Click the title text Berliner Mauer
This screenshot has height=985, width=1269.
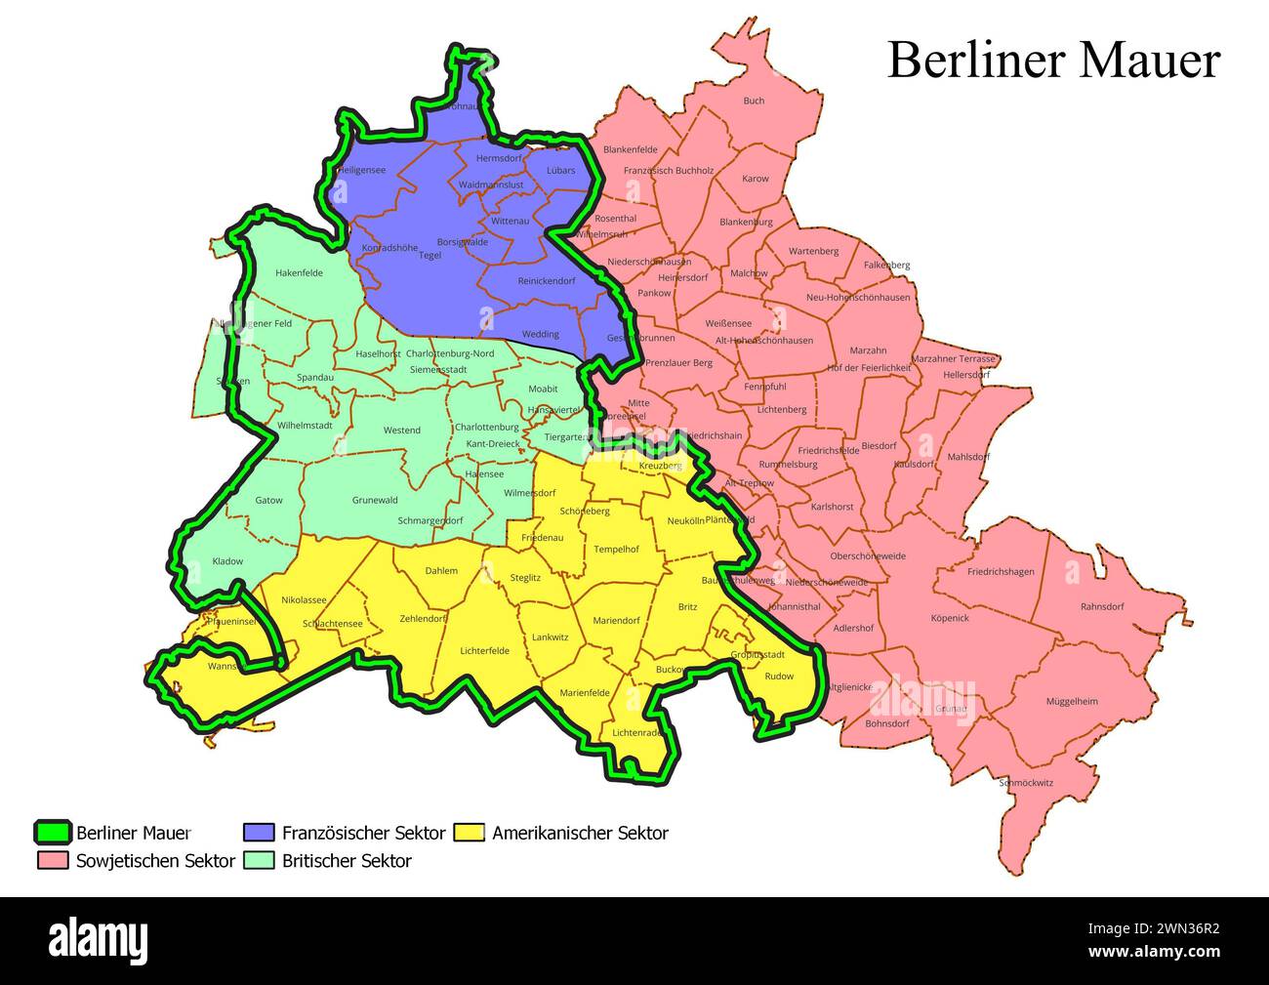(1053, 61)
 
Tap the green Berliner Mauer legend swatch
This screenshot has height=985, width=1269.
(53, 833)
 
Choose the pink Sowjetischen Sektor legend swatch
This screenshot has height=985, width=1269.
(53, 861)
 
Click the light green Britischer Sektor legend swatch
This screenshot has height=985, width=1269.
(259, 861)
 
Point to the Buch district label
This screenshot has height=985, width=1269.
(754, 101)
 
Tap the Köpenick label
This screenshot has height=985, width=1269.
(949, 618)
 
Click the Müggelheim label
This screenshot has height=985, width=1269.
(1072, 701)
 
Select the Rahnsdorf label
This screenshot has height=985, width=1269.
(1102, 606)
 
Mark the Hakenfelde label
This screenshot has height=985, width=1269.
(299, 272)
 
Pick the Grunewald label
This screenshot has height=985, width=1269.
(375, 500)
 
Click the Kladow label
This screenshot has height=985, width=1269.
(227, 561)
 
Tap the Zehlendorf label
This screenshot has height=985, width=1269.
(424, 619)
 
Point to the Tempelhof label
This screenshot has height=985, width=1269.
(616, 549)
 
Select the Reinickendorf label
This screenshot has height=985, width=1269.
(547, 281)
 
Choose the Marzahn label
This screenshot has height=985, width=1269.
(868, 350)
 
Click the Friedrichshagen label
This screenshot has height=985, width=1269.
(1001, 572)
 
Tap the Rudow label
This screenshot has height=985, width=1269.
(779, 676)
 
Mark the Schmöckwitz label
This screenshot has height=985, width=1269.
(1026, 783)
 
